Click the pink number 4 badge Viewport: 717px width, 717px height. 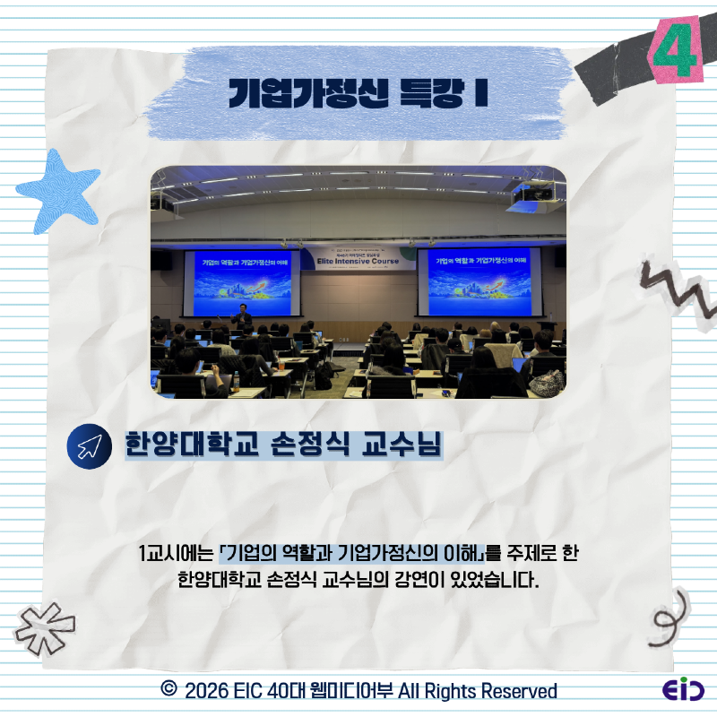click(677, 52)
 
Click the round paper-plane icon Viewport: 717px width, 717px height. click(87, 447)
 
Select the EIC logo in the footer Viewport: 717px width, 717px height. click(682, 690)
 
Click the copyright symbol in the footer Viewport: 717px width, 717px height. click(168, 690)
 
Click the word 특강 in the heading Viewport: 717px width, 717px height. click(430, 93)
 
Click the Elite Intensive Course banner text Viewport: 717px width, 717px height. click(358, 263)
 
